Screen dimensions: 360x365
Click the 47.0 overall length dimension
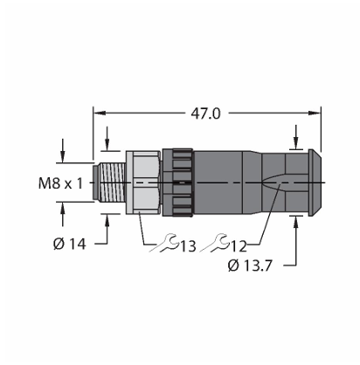[205, 114]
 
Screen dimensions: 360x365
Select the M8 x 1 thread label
[60, 183]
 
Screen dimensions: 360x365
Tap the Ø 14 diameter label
[70, 244]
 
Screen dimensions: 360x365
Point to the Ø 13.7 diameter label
[250, 265]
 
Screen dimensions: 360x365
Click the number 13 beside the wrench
[188, 246]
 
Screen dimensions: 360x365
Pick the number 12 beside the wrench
[239, 246]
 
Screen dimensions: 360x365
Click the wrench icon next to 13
[163, 243]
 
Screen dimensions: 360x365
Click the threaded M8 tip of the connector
[109, 182]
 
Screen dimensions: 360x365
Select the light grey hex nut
[142, 182]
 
